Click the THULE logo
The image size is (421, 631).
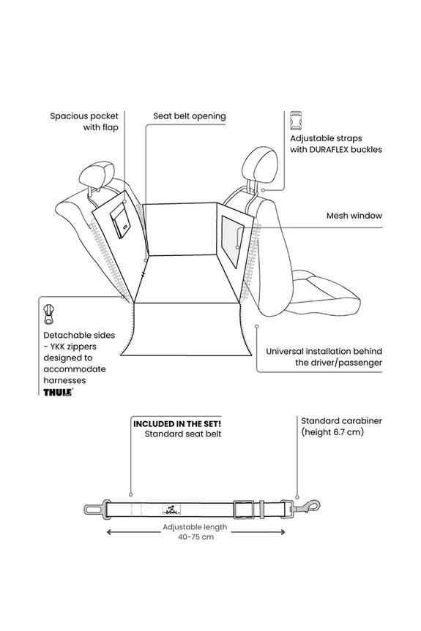58,392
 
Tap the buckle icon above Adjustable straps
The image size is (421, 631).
296,121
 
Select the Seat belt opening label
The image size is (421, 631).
190,116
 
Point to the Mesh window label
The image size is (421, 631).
354,216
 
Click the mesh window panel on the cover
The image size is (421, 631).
231,241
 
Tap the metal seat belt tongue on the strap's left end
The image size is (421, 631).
94,509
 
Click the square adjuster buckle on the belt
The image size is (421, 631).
243,509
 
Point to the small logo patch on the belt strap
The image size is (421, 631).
171,510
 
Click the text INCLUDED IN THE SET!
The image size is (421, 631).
177,424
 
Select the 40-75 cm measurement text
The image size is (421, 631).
195,537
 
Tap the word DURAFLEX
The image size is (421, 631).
329,150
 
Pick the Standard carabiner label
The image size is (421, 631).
342,421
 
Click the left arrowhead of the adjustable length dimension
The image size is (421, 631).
110,532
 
